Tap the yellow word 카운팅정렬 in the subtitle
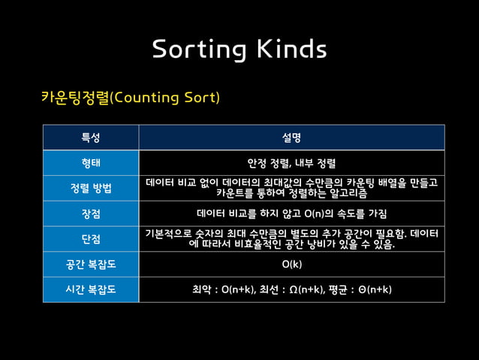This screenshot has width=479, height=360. pos(75,98)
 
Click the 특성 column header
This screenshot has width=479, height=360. pos(91,138)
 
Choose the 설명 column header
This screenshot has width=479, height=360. pos(291,138)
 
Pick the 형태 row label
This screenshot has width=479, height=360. pos(91,162)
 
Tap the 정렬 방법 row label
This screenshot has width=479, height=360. pos(91,188)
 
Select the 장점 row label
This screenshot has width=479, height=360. pos(91,213)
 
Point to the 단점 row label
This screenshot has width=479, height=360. pos(91,238)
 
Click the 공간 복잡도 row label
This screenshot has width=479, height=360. pos(91,265)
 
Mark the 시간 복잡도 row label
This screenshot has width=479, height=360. pos(91,289)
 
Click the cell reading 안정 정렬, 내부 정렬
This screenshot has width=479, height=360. pos(291,162)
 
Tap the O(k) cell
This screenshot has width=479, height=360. pos(291,265)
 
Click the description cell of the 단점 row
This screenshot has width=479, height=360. pos(291,238)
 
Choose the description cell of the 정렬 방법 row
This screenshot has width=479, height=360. pos(291,188)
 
